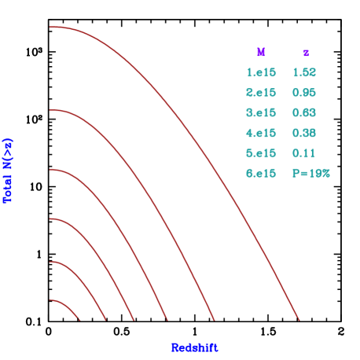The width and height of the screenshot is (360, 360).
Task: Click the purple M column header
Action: (261, 53)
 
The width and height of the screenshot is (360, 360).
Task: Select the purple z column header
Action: (306, 53)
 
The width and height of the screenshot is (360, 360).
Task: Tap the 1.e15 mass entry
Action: (261, 72)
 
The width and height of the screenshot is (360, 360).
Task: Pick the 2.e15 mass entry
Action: (261, 93)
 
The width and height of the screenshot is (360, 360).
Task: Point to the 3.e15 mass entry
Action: (261, 112)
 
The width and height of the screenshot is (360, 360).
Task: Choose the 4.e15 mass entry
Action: (261, 133)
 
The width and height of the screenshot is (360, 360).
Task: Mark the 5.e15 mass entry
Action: (261, 152)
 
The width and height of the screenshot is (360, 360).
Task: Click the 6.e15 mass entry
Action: (261, 173)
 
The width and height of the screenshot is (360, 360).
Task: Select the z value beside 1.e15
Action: (304, 72)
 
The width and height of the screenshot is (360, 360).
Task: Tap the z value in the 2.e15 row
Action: (304, 93)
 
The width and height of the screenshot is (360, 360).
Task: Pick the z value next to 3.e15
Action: (304, 112)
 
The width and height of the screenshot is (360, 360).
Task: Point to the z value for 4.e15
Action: (304, 133)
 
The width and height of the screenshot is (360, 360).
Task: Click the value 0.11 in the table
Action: (304, 152)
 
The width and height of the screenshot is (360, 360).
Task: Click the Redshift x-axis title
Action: (194, 347)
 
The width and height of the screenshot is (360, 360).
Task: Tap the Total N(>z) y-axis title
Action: (9, 171)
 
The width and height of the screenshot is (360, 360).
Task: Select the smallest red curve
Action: (68, 307)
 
